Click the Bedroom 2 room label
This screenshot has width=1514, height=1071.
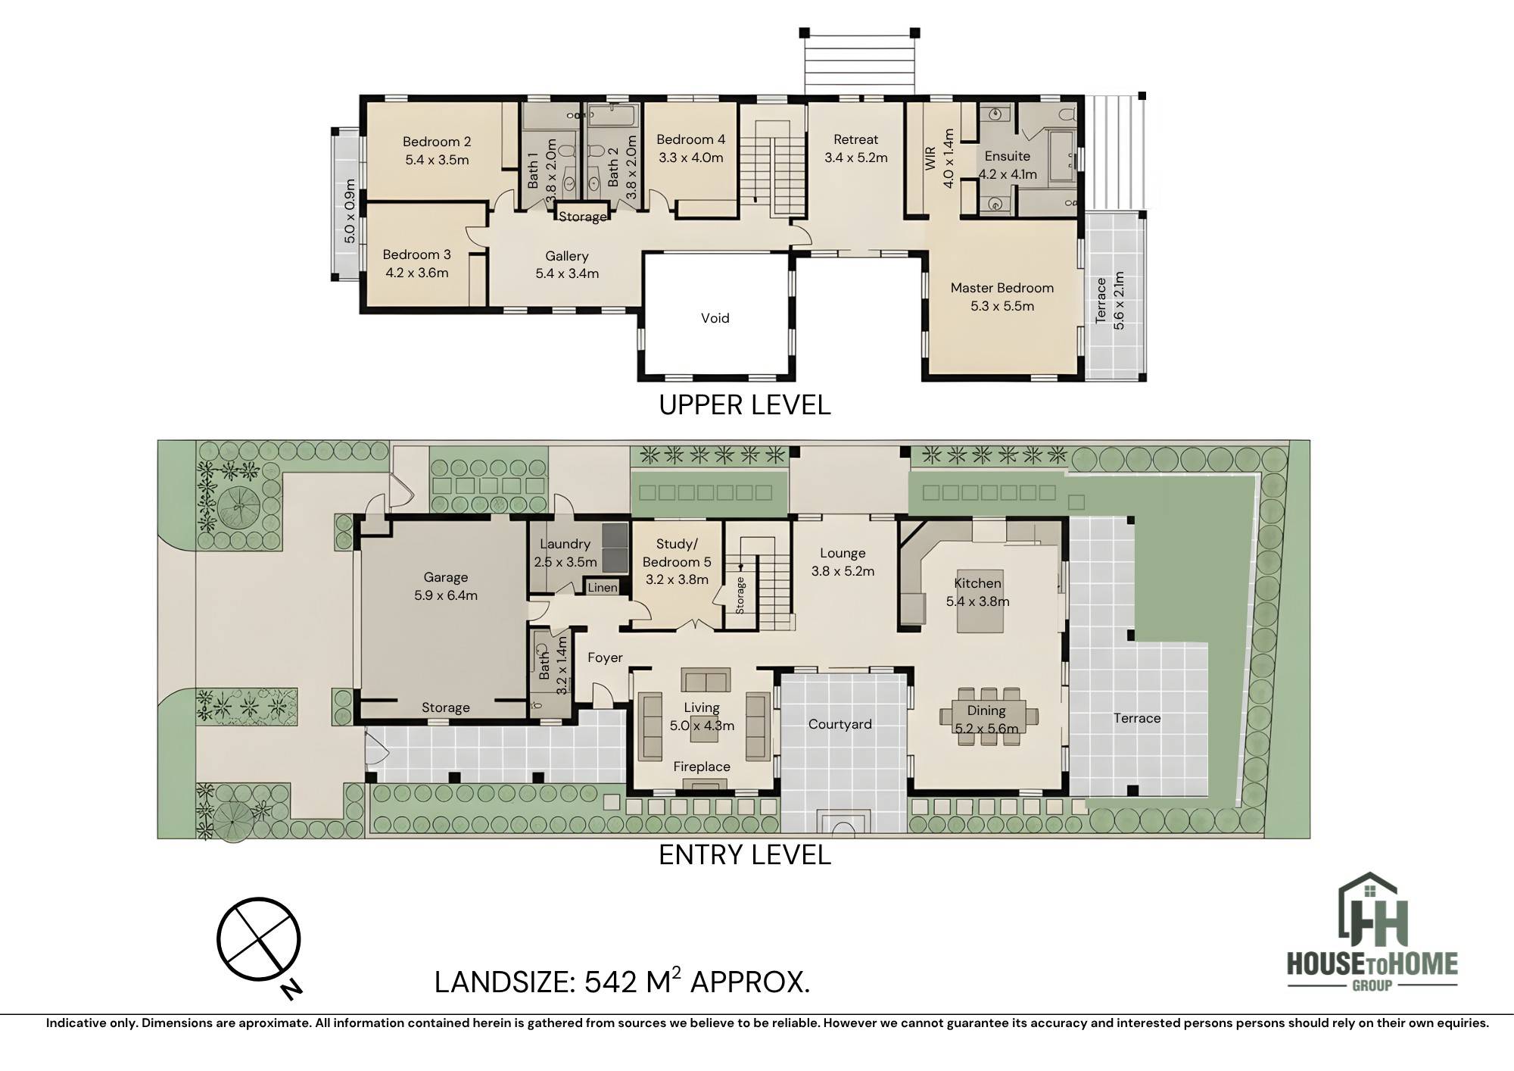(x=437, y=142)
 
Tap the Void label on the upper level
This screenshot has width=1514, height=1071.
(x=715, y=318)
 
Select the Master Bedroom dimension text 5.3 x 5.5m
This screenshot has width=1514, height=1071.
(x=1002, y=306)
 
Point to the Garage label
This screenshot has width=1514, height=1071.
(x=446, y=577)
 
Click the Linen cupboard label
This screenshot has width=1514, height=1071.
(x=603, y=587)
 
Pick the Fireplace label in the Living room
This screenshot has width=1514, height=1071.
(x=702, y=767)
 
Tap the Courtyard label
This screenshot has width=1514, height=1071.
(x=840, y=724)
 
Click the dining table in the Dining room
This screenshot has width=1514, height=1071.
(x=989, y=716)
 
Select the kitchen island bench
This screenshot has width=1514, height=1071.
(x=980, y=601)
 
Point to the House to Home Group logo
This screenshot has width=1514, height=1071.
(x=1372, y=932)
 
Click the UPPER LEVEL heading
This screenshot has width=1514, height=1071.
(x=745, y=405)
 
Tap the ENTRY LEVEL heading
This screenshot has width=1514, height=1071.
(x=745, y=855)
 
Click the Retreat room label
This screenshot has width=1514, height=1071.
(x=856, y=139)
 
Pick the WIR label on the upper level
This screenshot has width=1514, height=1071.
(x=931, y=158)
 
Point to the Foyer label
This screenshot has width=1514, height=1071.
(x=605, y=657)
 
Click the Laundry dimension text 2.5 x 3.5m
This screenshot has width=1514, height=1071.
(x=565, y=562)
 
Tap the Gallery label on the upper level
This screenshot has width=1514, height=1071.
(x=567, y=256)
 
